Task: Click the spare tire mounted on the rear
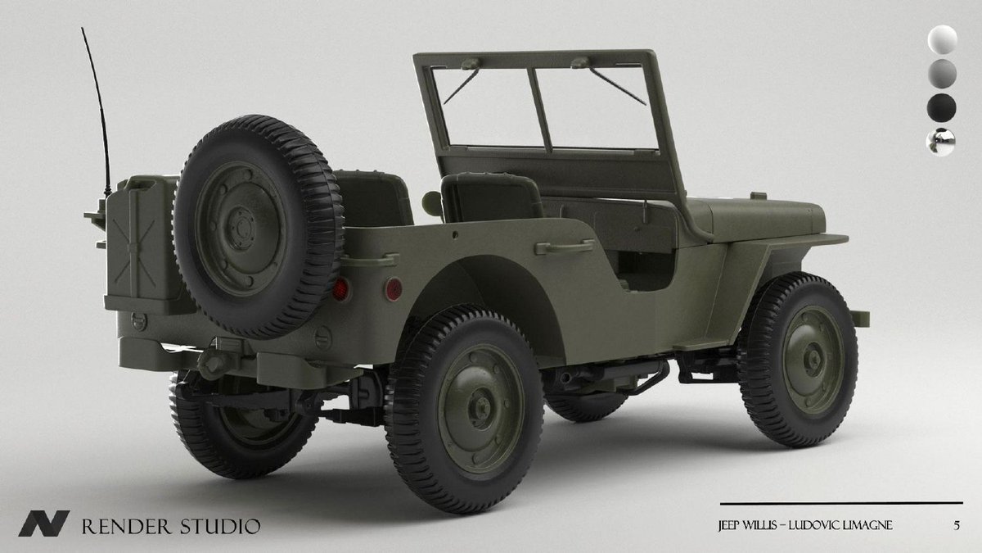(258, 226)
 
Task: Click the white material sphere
(942, 39)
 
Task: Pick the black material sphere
(942, 107)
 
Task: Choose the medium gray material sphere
(942, 74)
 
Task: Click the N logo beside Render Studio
(44, 524)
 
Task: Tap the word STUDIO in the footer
(220, 526)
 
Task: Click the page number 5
(957, 525)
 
